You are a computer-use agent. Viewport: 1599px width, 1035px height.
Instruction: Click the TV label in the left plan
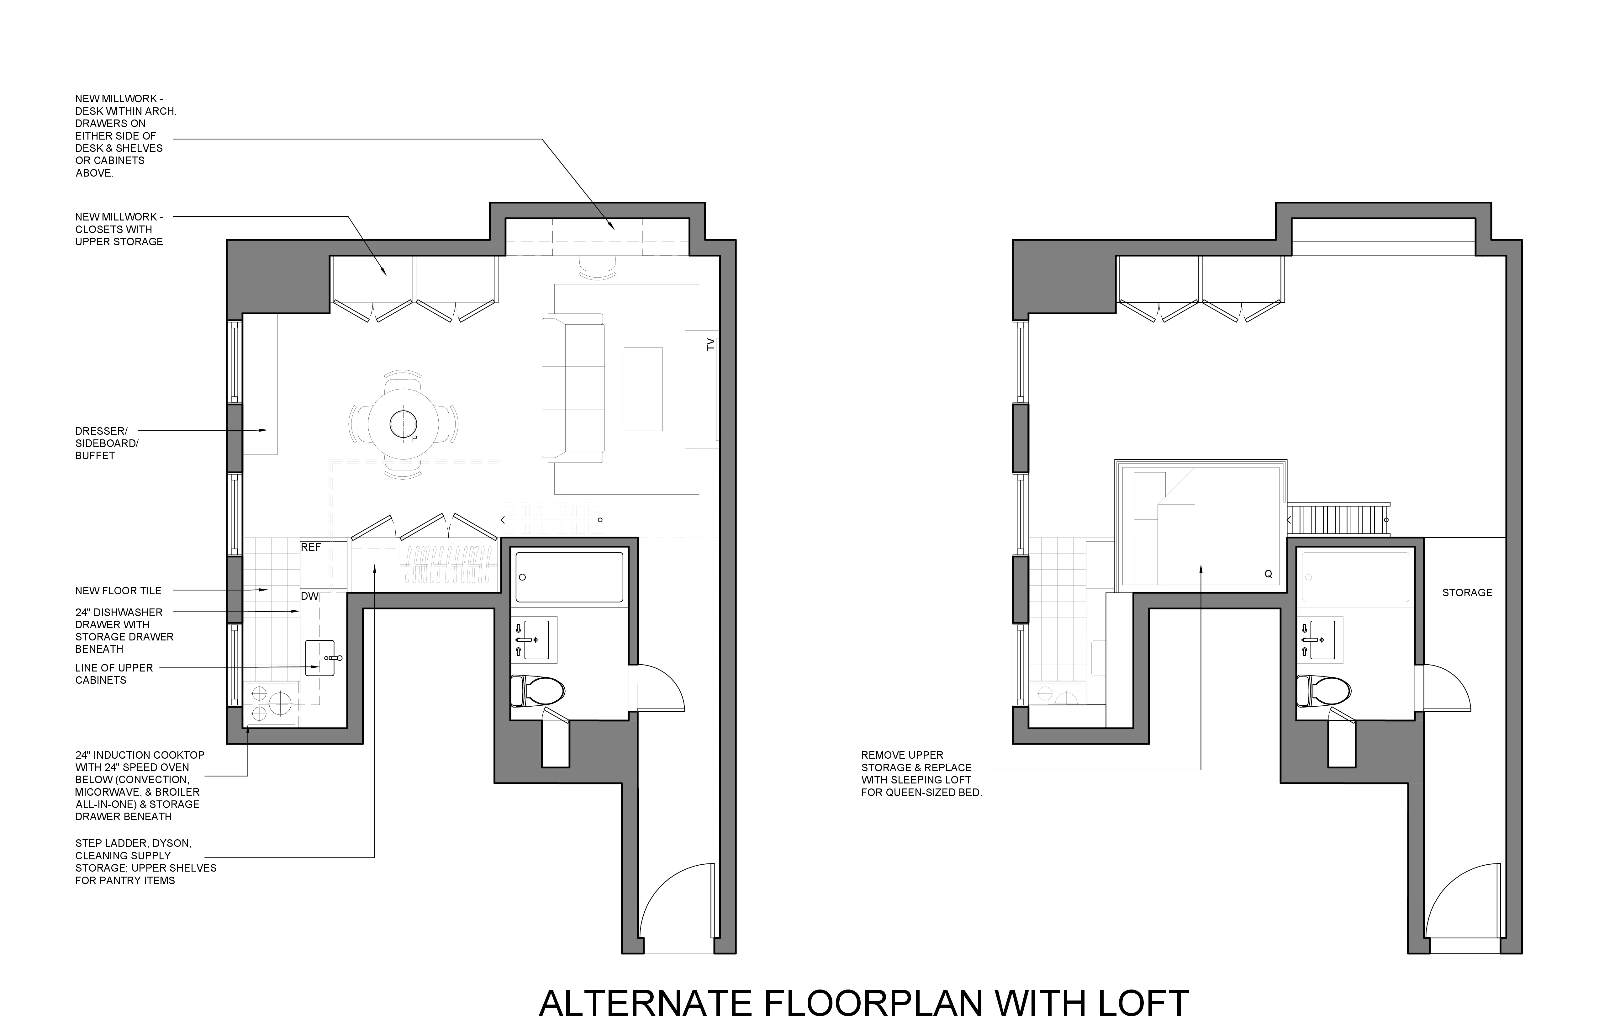pos(710,345)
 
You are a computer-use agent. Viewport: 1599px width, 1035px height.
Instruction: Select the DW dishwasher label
pos(309,596)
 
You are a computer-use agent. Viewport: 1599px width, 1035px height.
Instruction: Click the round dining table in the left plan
pos(404,424)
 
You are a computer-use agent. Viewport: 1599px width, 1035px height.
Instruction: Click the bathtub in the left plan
pos(569,577)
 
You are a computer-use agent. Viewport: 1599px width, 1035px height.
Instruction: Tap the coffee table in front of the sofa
pos(643,389)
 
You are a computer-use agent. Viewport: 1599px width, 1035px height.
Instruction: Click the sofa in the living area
pos(573,388)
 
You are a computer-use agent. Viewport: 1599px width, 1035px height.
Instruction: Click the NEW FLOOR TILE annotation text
pos(118,591)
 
